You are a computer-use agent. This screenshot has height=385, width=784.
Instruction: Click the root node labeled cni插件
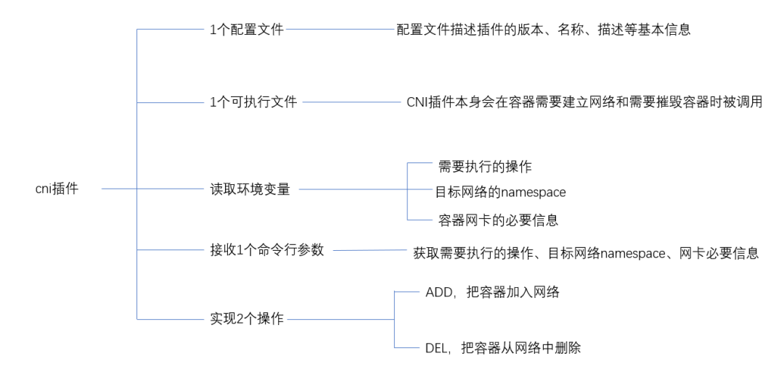click(x=57, y=189)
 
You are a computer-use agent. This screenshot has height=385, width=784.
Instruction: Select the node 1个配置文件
click(x=246, y=30)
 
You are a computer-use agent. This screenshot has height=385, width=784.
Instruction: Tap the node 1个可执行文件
click(x=253, y=102)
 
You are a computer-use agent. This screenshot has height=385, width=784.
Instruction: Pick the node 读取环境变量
click(x=250, y=189)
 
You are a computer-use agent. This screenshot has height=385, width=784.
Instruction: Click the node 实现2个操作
click(x=246, y=318)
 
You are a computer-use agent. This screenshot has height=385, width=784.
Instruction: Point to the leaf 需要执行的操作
click(x=485, y=167)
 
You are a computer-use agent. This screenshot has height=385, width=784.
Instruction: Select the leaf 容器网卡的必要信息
click(x=498, y=220)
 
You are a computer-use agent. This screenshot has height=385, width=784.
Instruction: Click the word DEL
click(x=436, y=348)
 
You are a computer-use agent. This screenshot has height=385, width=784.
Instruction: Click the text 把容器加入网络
click(x=514, y=292)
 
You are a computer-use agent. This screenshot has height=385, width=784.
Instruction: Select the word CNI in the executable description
click(x=418, y=102)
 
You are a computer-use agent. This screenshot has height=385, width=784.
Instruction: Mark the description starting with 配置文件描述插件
click(x=543, y=30)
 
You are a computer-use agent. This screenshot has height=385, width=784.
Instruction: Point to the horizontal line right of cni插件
click(x=119, y=189)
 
